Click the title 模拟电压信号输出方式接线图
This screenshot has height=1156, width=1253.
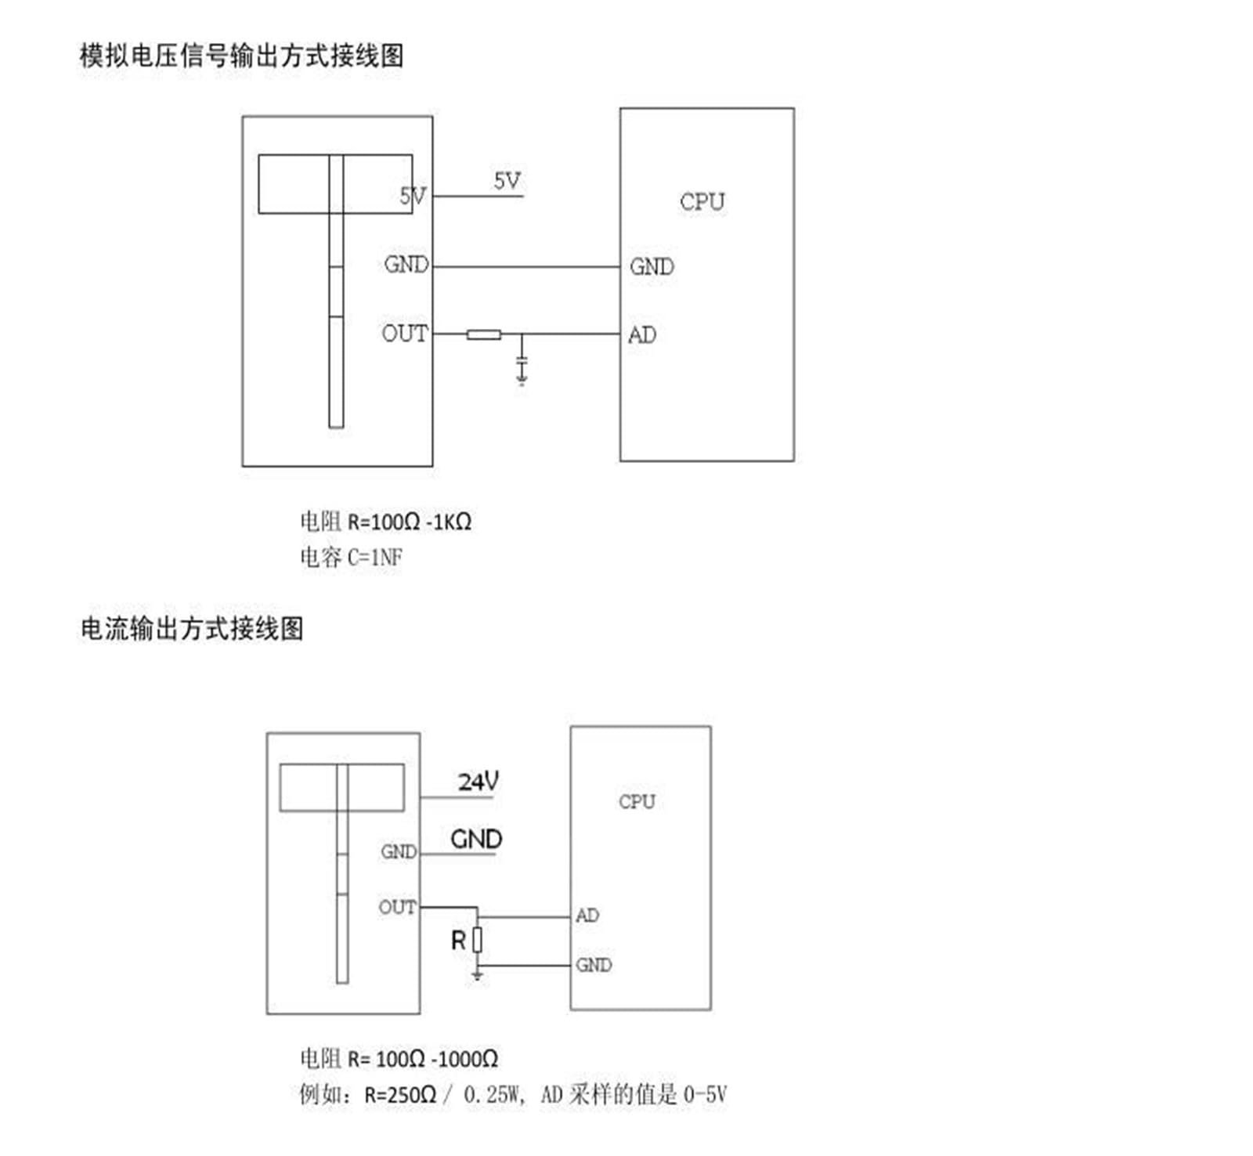tap(242, 56)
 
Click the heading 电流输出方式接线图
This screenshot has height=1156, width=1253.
tap(192, 628)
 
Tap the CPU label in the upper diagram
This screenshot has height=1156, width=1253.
tap(702, 202)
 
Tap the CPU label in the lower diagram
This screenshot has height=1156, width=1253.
tap(637, 801)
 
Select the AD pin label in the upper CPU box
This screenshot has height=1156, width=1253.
tap(642, 335)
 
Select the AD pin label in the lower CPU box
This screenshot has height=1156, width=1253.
tap(587, 915)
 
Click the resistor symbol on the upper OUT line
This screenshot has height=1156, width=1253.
tap(484, 334)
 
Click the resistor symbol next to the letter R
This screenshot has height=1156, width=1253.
tap(478, 940)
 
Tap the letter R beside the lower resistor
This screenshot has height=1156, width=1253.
tap(459, 941)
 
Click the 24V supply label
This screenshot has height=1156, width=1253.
tap(478, 781)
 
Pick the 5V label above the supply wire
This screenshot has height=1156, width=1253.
tap(507, 181)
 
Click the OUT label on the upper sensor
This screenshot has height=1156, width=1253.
tap(405, 334)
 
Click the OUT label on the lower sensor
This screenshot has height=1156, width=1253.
tap(397, 907)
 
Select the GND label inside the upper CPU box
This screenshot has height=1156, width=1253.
tap(652, 267)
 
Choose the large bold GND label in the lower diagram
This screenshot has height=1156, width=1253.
tap(476, 840)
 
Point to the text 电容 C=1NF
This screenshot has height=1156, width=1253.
tap(351, 557)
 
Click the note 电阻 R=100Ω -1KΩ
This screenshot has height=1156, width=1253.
tap(385, 521)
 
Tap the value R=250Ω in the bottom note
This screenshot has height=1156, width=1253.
tap(400, 1094)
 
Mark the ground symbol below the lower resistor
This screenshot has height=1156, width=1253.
tap(478, 974)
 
